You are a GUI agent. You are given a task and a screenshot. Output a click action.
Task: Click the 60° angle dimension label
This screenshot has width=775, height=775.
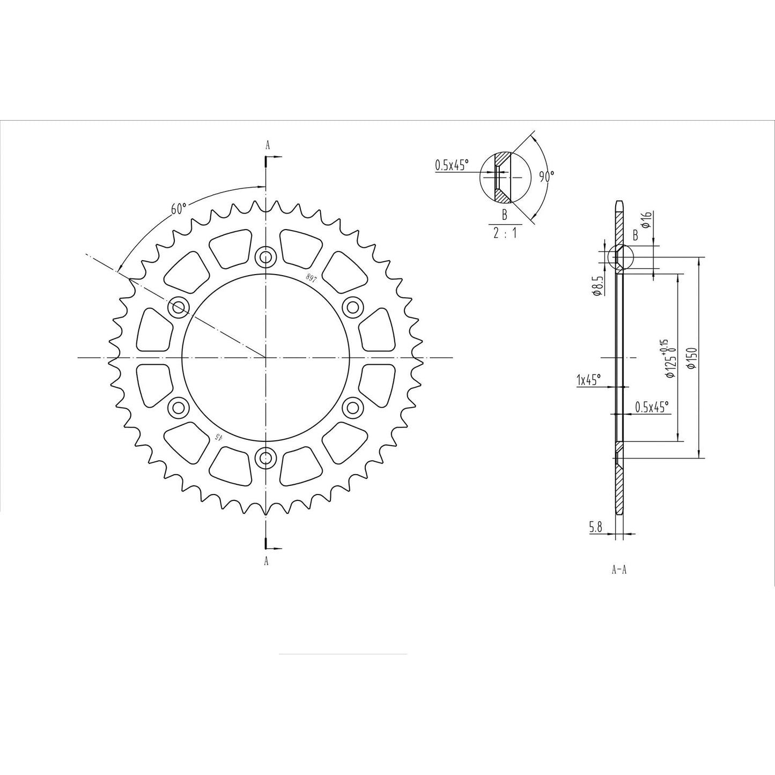(x=179, y=209)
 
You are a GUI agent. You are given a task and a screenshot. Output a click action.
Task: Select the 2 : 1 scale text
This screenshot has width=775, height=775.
(x=504, y=233)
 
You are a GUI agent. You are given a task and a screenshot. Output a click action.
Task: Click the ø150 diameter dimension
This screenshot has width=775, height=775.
(x=692, y=358)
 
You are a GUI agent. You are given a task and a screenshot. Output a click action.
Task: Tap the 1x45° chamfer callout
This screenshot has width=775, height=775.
(x=588, y=380)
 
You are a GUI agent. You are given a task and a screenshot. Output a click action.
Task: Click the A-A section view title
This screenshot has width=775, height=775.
(x=619, y=570)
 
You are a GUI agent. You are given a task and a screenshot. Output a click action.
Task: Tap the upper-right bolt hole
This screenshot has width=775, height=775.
(x=352, y=307)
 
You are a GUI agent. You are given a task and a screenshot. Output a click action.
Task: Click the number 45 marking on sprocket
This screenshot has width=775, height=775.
(x=218, y=436)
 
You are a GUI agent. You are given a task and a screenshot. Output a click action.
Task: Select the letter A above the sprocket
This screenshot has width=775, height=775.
(x=267, y=144)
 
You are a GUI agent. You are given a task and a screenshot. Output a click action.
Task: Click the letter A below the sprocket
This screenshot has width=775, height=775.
(x=267, y=561)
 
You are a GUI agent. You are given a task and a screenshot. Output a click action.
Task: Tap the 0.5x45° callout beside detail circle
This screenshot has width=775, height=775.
(x=451, y=165)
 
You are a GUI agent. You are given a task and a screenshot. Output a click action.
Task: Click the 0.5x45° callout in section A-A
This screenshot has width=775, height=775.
(x=652, y=407)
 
